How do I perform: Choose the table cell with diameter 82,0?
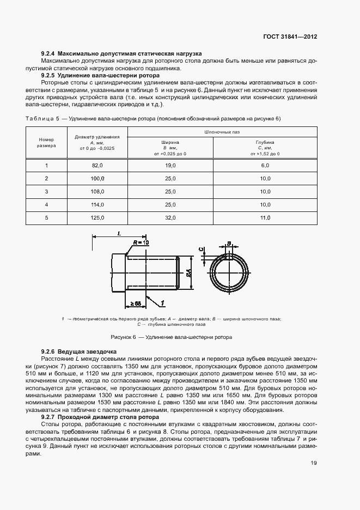click(97, 166)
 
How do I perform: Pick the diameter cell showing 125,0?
click(97, 217)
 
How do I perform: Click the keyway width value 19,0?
click(171, 166)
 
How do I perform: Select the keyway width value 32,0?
click(171, 217)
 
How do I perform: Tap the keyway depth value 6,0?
click(265, 166)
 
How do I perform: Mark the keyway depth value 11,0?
click(265, 217)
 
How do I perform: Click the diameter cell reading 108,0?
click(97, 192)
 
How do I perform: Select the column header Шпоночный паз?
click(222, 132)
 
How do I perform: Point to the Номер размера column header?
click(46, 143)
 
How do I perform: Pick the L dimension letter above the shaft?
click(119, 233)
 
